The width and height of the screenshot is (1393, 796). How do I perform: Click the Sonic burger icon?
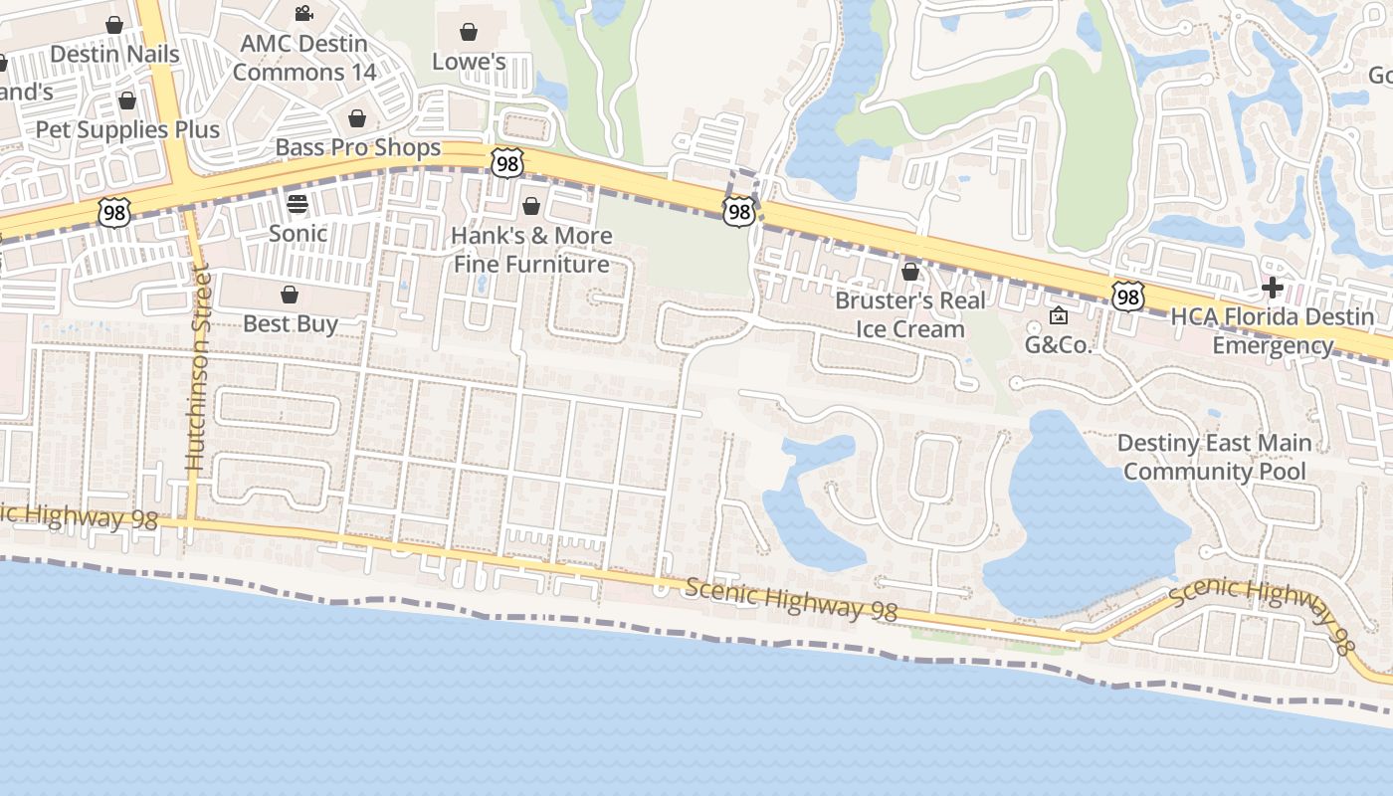coord(298,204)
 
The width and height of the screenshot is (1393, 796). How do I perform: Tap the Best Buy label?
coord(291,323)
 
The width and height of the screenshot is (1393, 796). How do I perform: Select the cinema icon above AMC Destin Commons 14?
coord(304,14)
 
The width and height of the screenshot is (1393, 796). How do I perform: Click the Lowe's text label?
coord(469,62)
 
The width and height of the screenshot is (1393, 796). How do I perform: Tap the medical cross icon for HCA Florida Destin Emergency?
coord(1272,289)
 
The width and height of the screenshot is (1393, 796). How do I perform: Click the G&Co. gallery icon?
coord(1059,316)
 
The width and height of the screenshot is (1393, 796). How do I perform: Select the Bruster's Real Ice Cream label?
coord(910,314)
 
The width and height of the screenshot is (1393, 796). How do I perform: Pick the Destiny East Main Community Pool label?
coord(1214,457)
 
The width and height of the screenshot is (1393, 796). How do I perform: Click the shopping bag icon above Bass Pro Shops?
coord(357,119)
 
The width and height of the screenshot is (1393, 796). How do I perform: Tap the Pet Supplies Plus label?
coord(127,129)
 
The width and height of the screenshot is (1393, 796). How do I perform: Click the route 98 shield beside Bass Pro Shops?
coord(506,163)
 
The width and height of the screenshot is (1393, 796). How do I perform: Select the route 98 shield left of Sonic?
coord(114,211)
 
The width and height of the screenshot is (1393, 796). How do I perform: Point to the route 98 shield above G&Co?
coord(1127,296)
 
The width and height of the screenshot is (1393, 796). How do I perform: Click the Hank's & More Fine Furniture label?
coord(531,250)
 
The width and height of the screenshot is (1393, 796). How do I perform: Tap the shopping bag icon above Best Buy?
coord(290,295)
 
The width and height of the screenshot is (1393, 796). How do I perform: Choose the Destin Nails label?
coord(114,54)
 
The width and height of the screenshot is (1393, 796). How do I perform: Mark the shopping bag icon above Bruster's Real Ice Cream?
coord(909,272)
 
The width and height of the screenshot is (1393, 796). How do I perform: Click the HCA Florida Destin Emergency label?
coord(1273,331)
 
